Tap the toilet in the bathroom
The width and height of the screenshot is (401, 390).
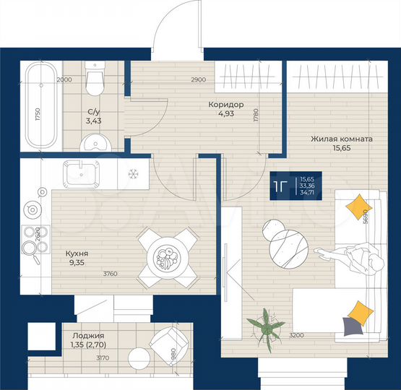point(94,79)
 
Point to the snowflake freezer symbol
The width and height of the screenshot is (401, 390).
point(133,174)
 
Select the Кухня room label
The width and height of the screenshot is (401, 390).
point(77,254)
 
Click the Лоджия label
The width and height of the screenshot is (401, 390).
point(88,336)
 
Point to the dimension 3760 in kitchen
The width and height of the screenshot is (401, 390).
point(110,274)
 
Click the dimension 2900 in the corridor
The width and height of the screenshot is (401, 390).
point(198,79)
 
